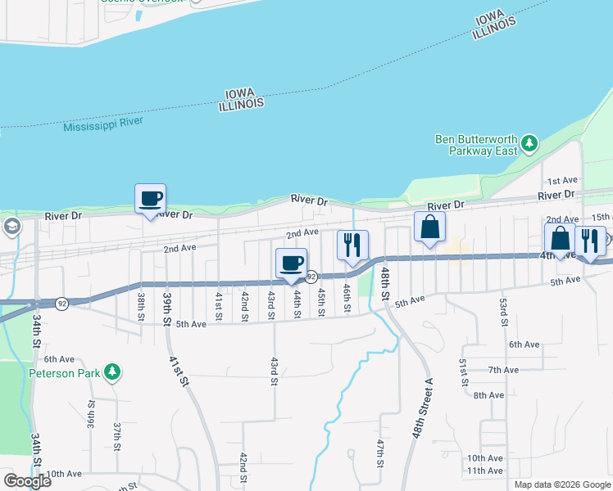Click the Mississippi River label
pyautogui.click(x=103, y=124)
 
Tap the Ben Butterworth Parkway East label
pyautogui.click(x=476, y=145)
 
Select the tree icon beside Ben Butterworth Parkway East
pyautogui.click(x=529, y=144)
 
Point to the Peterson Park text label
pyautogui.click(x=64, y=373)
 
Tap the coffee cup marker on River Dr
pyautogui.click(x=150, y=199)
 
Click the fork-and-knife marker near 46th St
pyautogui.click(x=352, y=245)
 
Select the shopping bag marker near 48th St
pyautogui.click(x=429, y=227)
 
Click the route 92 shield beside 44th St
pyautogui.click(x=311, y=277)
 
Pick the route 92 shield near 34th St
pyautogui.click(x=62, y=304)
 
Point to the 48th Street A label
pyautogui.click(x=423, y=408)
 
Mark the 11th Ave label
pyautogui.click(x=485, y=471)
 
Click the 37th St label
pyautogui.click(x=117, y=430)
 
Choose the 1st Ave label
pyautogui.click(x=563, y=180)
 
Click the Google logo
pyautogui.click(x=27, y=480)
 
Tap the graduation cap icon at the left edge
pyautogui.click(x=11, y=227)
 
